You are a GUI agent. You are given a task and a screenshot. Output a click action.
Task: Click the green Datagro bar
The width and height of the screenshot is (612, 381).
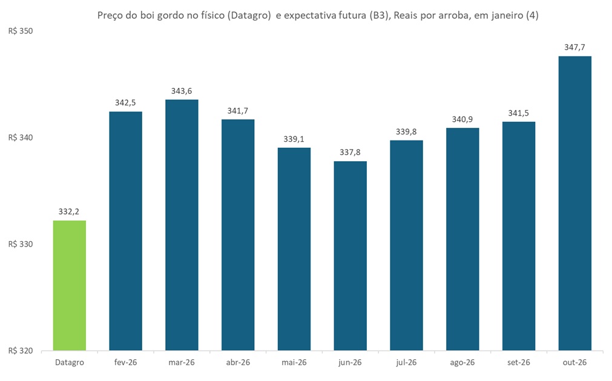point(70,285)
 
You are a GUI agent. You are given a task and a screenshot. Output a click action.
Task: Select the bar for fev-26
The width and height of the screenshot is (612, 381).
point(125,231)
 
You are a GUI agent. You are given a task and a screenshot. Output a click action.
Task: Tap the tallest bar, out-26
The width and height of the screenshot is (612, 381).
point(574,204)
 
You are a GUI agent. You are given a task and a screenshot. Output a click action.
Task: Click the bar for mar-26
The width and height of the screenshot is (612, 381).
point(182,225)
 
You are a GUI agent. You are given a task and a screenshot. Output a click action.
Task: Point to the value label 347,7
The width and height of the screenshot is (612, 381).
point(574,47)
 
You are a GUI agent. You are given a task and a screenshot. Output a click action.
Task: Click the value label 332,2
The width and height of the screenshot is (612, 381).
point(70,211)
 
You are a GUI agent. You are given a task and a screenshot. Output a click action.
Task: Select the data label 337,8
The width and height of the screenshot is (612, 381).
point(350,152)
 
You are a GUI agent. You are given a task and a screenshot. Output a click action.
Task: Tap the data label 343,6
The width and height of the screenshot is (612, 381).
point(182,91)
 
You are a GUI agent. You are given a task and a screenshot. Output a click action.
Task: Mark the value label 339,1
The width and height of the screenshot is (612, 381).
point(294,139)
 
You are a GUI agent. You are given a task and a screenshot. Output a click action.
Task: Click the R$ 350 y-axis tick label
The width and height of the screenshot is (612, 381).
point(20,31)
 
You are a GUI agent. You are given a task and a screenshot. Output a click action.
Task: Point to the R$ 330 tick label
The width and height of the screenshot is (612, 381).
point(20,244)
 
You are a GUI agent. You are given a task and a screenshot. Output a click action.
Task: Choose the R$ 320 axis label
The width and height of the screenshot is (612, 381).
point(20,351)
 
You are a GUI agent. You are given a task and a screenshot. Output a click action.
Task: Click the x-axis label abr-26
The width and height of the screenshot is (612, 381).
point(238,362)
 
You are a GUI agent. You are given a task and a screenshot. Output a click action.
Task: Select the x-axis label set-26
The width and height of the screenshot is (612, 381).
point(518,362)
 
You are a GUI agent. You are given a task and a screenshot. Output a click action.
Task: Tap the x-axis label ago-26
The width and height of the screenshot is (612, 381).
point(462,362)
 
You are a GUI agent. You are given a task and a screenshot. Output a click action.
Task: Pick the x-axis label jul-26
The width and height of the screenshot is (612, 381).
point(406,362)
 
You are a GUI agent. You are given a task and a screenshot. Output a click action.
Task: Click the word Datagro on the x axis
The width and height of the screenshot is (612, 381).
point(70,362)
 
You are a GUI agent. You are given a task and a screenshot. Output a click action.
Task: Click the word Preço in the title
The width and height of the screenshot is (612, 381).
point(110,16)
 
